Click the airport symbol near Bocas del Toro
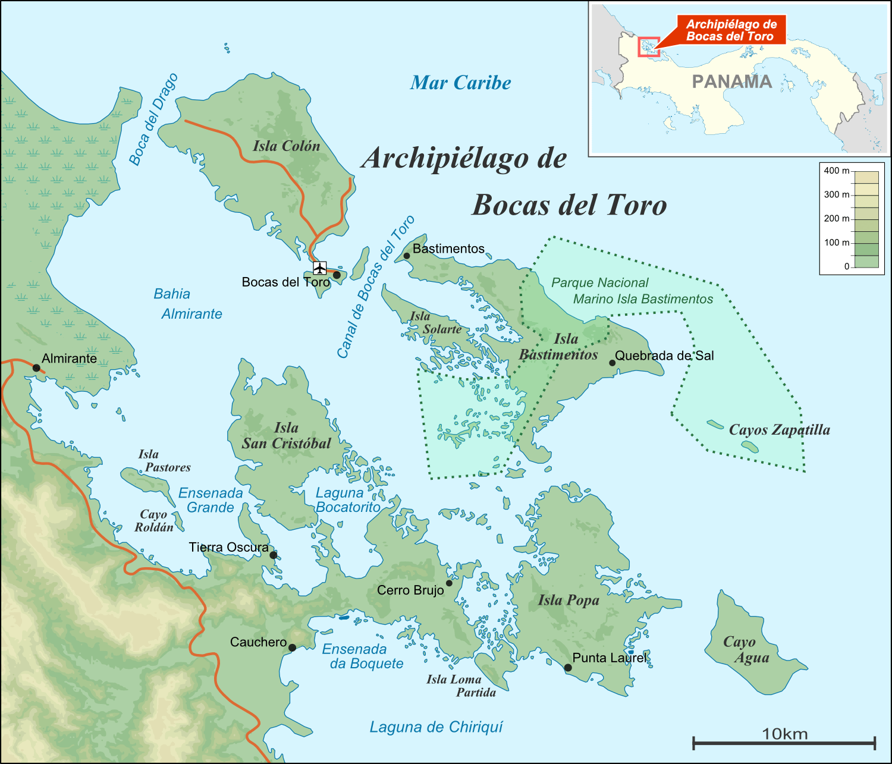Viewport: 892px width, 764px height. pyautogui.click(x=320, y=268)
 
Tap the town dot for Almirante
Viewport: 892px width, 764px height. pyautogui.click(x=36, y=368)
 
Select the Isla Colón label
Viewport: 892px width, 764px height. pyautogui.click(x=286, y=146)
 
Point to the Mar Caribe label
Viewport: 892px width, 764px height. pyautogui.click(x=460, y=83)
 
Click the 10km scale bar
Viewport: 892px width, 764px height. pyautogui.click(x=784, y=741)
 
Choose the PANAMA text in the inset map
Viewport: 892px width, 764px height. pyautogui.click(x=731, y=82)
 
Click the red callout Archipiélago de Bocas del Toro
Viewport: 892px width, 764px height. pyautogui.click(x=731, y=30)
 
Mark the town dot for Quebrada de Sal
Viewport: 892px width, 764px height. pyautogui.click(x=612, y=363)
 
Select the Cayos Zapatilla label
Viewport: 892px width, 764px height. pyautogui.click(x=779, y=430)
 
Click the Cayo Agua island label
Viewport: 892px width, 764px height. pyautogui.click(x=746, y=650)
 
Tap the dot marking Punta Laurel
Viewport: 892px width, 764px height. pyautogui.click(x=568, y=668)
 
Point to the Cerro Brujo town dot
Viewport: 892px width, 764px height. pyautogui.click(x=449, y=583)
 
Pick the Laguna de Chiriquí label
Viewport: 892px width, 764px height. pyautogui.click(x=436, y=727)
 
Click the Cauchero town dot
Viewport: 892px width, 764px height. pyautogui.click(x=292, y=647)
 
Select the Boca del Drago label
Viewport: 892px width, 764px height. pyautogui.click(x=153, y=120)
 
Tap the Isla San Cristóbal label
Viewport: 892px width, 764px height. pyautogui.click(x=286, y=436)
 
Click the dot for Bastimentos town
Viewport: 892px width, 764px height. pyautogui.click(x=407, y=256)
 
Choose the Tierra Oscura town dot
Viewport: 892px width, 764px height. pyautogui.click(x=273, y=555)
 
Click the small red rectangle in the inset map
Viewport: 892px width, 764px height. pyautogui.click(x=648, y=47)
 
